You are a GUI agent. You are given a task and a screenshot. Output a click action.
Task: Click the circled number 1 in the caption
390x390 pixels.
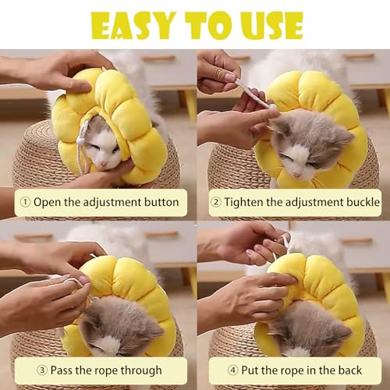point(25,202)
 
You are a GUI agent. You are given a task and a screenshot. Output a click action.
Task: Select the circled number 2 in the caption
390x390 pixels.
point(216,202)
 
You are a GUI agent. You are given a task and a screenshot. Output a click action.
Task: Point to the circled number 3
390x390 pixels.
point(42,370)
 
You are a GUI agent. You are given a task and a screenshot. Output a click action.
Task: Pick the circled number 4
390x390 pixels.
point(232,370)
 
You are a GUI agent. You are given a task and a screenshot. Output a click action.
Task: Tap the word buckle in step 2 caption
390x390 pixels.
point(363,202)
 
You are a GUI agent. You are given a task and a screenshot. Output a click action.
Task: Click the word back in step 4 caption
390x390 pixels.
point(349,370)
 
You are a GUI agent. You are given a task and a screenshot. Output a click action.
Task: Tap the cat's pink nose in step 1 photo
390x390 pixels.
point(104,164)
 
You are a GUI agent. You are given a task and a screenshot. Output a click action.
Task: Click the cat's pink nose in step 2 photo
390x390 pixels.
point(297,175)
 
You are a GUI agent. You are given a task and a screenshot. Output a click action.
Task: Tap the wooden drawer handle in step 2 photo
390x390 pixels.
point(358,55)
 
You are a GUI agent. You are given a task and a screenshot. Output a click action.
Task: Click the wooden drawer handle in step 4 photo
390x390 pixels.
point(357,241)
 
